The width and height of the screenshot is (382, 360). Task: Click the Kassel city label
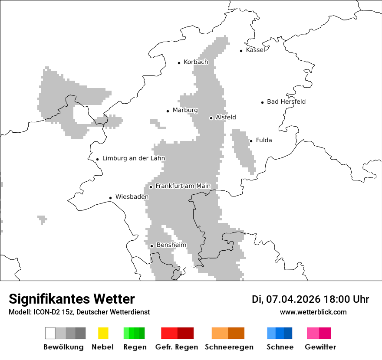pyautogui.click(x=255, y=50)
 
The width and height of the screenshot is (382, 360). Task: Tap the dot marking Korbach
pyautogui.click(x=179, y=63)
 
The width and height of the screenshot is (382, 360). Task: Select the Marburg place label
pyautogui.click(x=185, y=110)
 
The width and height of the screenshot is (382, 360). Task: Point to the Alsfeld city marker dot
pyautogui.click(x=211, y=118)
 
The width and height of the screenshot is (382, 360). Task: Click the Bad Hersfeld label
pyautogui.click(x=286, y=102)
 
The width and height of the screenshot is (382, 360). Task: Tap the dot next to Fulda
pyautogui.click(x=251, y=141)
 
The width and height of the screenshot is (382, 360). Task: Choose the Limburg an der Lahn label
pyautogui.click(x=134, y=158)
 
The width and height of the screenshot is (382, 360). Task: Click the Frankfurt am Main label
pyautogui.click(x=183, y=186)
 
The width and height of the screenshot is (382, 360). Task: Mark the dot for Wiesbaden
pyautogui.click(x=111, y=198)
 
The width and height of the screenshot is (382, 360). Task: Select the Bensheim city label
pyautogui.click(x=171, y=245)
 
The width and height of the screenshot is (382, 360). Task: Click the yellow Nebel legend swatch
pyautogui.click(x=103, y=333)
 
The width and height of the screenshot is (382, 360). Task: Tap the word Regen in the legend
pyautogui.click(x=135, y=347)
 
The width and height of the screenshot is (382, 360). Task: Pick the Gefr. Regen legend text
pyautogui.click(x=177, y=347)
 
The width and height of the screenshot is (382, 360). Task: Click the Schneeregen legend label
pyautogui.click(x=229, y=347)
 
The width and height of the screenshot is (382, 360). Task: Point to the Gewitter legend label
pyautogui.click(x=320, y=347)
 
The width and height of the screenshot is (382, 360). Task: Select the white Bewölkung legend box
pyautogui.click(x=50, y=333)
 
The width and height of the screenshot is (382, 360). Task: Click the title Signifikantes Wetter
pyautogui.click(x=72, y=299)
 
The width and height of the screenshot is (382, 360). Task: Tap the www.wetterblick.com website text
pyautogui.click(x=313, y=312)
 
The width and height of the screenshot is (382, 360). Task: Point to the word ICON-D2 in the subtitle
pyautogui.click(x=45, y=312)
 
